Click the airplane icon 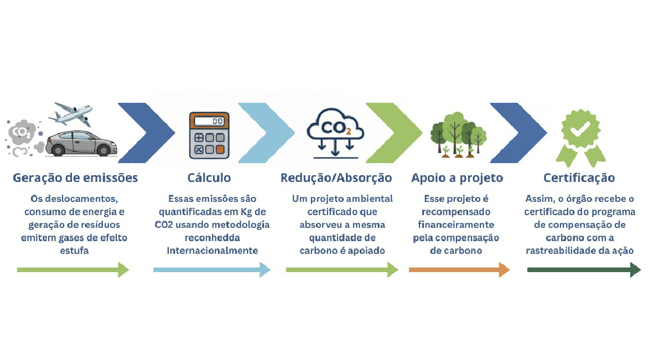pos(70,115)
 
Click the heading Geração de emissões pos(75,178)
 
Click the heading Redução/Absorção pos(336,178)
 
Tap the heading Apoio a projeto pos(457,178)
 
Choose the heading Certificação pos(579,178)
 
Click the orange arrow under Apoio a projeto pos(459,269)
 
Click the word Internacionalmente pos(212,251)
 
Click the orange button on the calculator pos(220,149)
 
